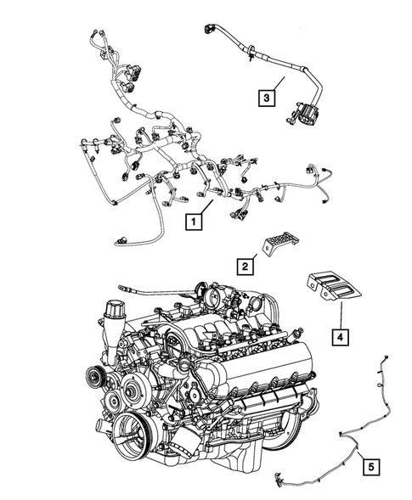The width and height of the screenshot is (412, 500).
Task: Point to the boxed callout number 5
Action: point(370,464)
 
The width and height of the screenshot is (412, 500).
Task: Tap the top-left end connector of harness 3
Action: point(210,31)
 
